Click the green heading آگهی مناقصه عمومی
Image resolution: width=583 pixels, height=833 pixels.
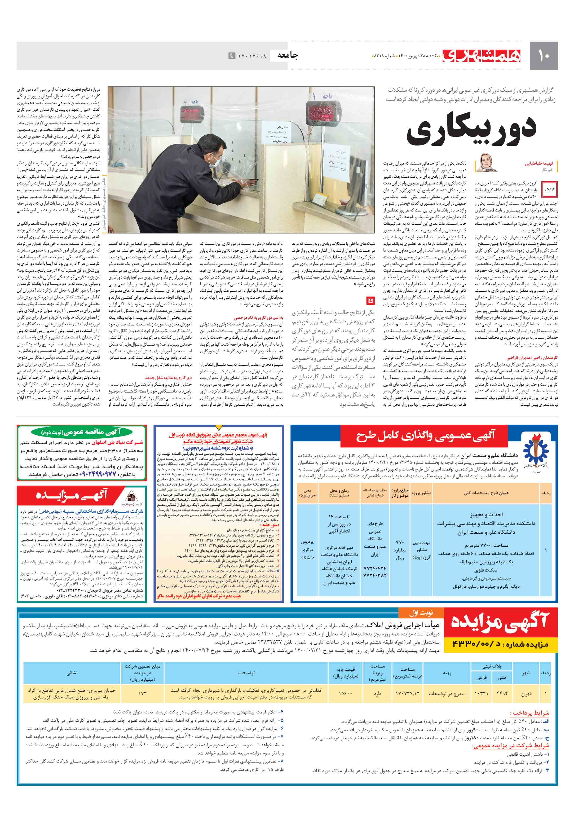click(81, 432)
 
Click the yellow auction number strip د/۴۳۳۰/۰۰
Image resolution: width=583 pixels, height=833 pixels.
click(500, 644)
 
